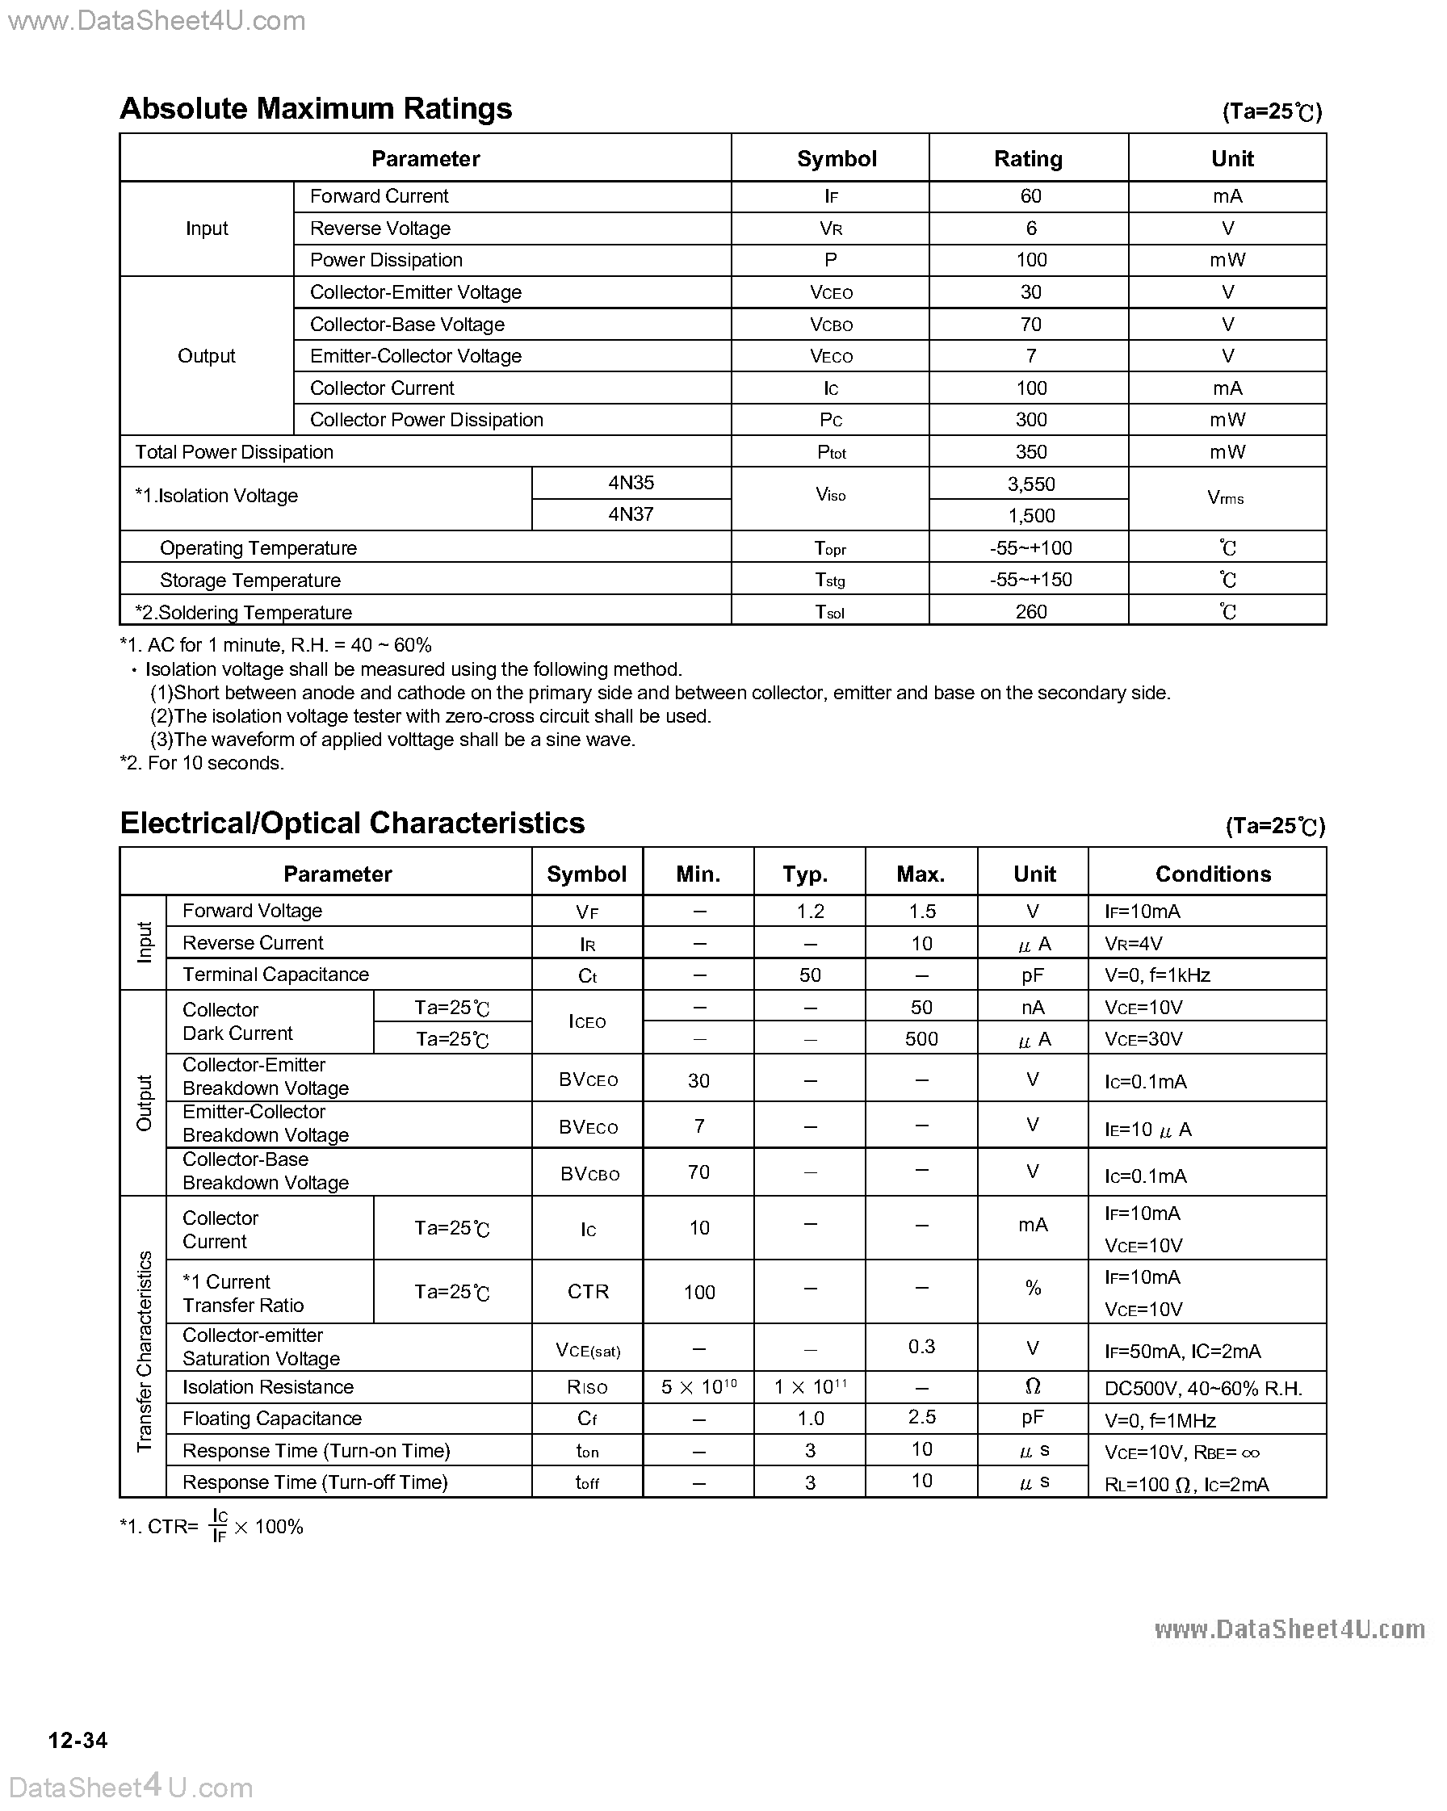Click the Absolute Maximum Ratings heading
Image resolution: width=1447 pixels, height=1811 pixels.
coord(316,109)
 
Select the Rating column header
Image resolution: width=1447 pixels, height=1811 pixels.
coord(1028,159)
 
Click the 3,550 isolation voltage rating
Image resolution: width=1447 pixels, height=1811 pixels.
coord(1030,484)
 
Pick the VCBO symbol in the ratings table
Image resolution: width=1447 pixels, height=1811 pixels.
coord(831,325)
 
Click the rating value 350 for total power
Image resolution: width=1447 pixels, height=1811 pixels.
coord(1030,452)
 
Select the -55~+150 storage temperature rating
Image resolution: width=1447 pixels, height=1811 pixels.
coord(1030,580)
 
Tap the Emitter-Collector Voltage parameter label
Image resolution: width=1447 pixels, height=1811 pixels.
coord(415,356)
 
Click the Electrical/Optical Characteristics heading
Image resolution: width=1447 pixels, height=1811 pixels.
coord(352,824)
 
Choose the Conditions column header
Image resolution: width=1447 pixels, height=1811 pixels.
coord(1213,874)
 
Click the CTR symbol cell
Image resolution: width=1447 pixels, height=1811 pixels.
coord(587,1292)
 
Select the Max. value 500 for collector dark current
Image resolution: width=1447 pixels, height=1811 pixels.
coord(921,1039)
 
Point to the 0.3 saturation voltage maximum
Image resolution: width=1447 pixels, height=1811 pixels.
coord(921,1347)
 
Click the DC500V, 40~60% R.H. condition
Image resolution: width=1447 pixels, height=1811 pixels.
coord(1202,1389)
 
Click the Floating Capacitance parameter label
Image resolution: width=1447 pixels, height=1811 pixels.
coord(271,1419)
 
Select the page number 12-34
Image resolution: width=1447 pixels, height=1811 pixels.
coord(78,1741)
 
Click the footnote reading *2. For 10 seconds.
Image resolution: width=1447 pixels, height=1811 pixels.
coord(202,763)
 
